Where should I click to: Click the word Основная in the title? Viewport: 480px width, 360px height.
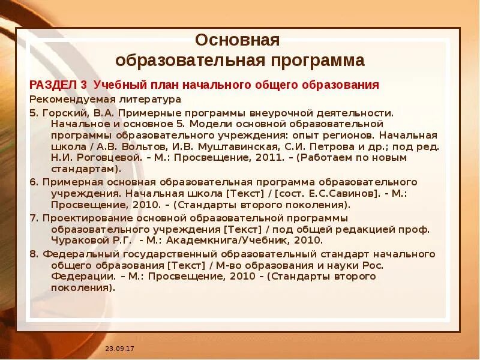tap(238, 41)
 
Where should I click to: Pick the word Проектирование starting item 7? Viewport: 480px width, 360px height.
tap(85, 217)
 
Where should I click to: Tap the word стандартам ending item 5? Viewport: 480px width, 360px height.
tap(82, 169)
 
